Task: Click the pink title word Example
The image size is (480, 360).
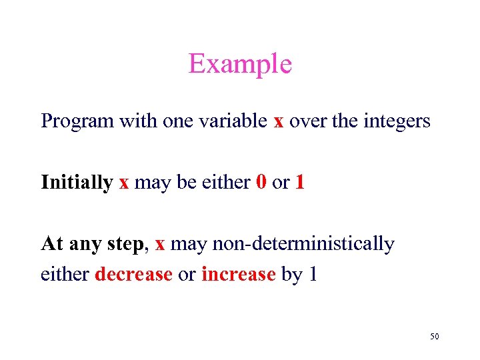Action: click(x=240, y=64)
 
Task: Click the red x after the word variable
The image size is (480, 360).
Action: click(x=279, y=122)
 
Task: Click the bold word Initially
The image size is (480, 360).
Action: click(x=77, y=183)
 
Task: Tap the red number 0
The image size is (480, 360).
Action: click(x=262, y=182)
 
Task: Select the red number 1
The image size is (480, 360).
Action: click(x=299, y=182)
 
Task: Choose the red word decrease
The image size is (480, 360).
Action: click(x=133, y=275)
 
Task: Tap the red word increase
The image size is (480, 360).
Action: click(x=238, y=275)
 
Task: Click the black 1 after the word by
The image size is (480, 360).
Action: click(x=312, y=275)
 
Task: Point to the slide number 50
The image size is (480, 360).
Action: click(x=434, y=337)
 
